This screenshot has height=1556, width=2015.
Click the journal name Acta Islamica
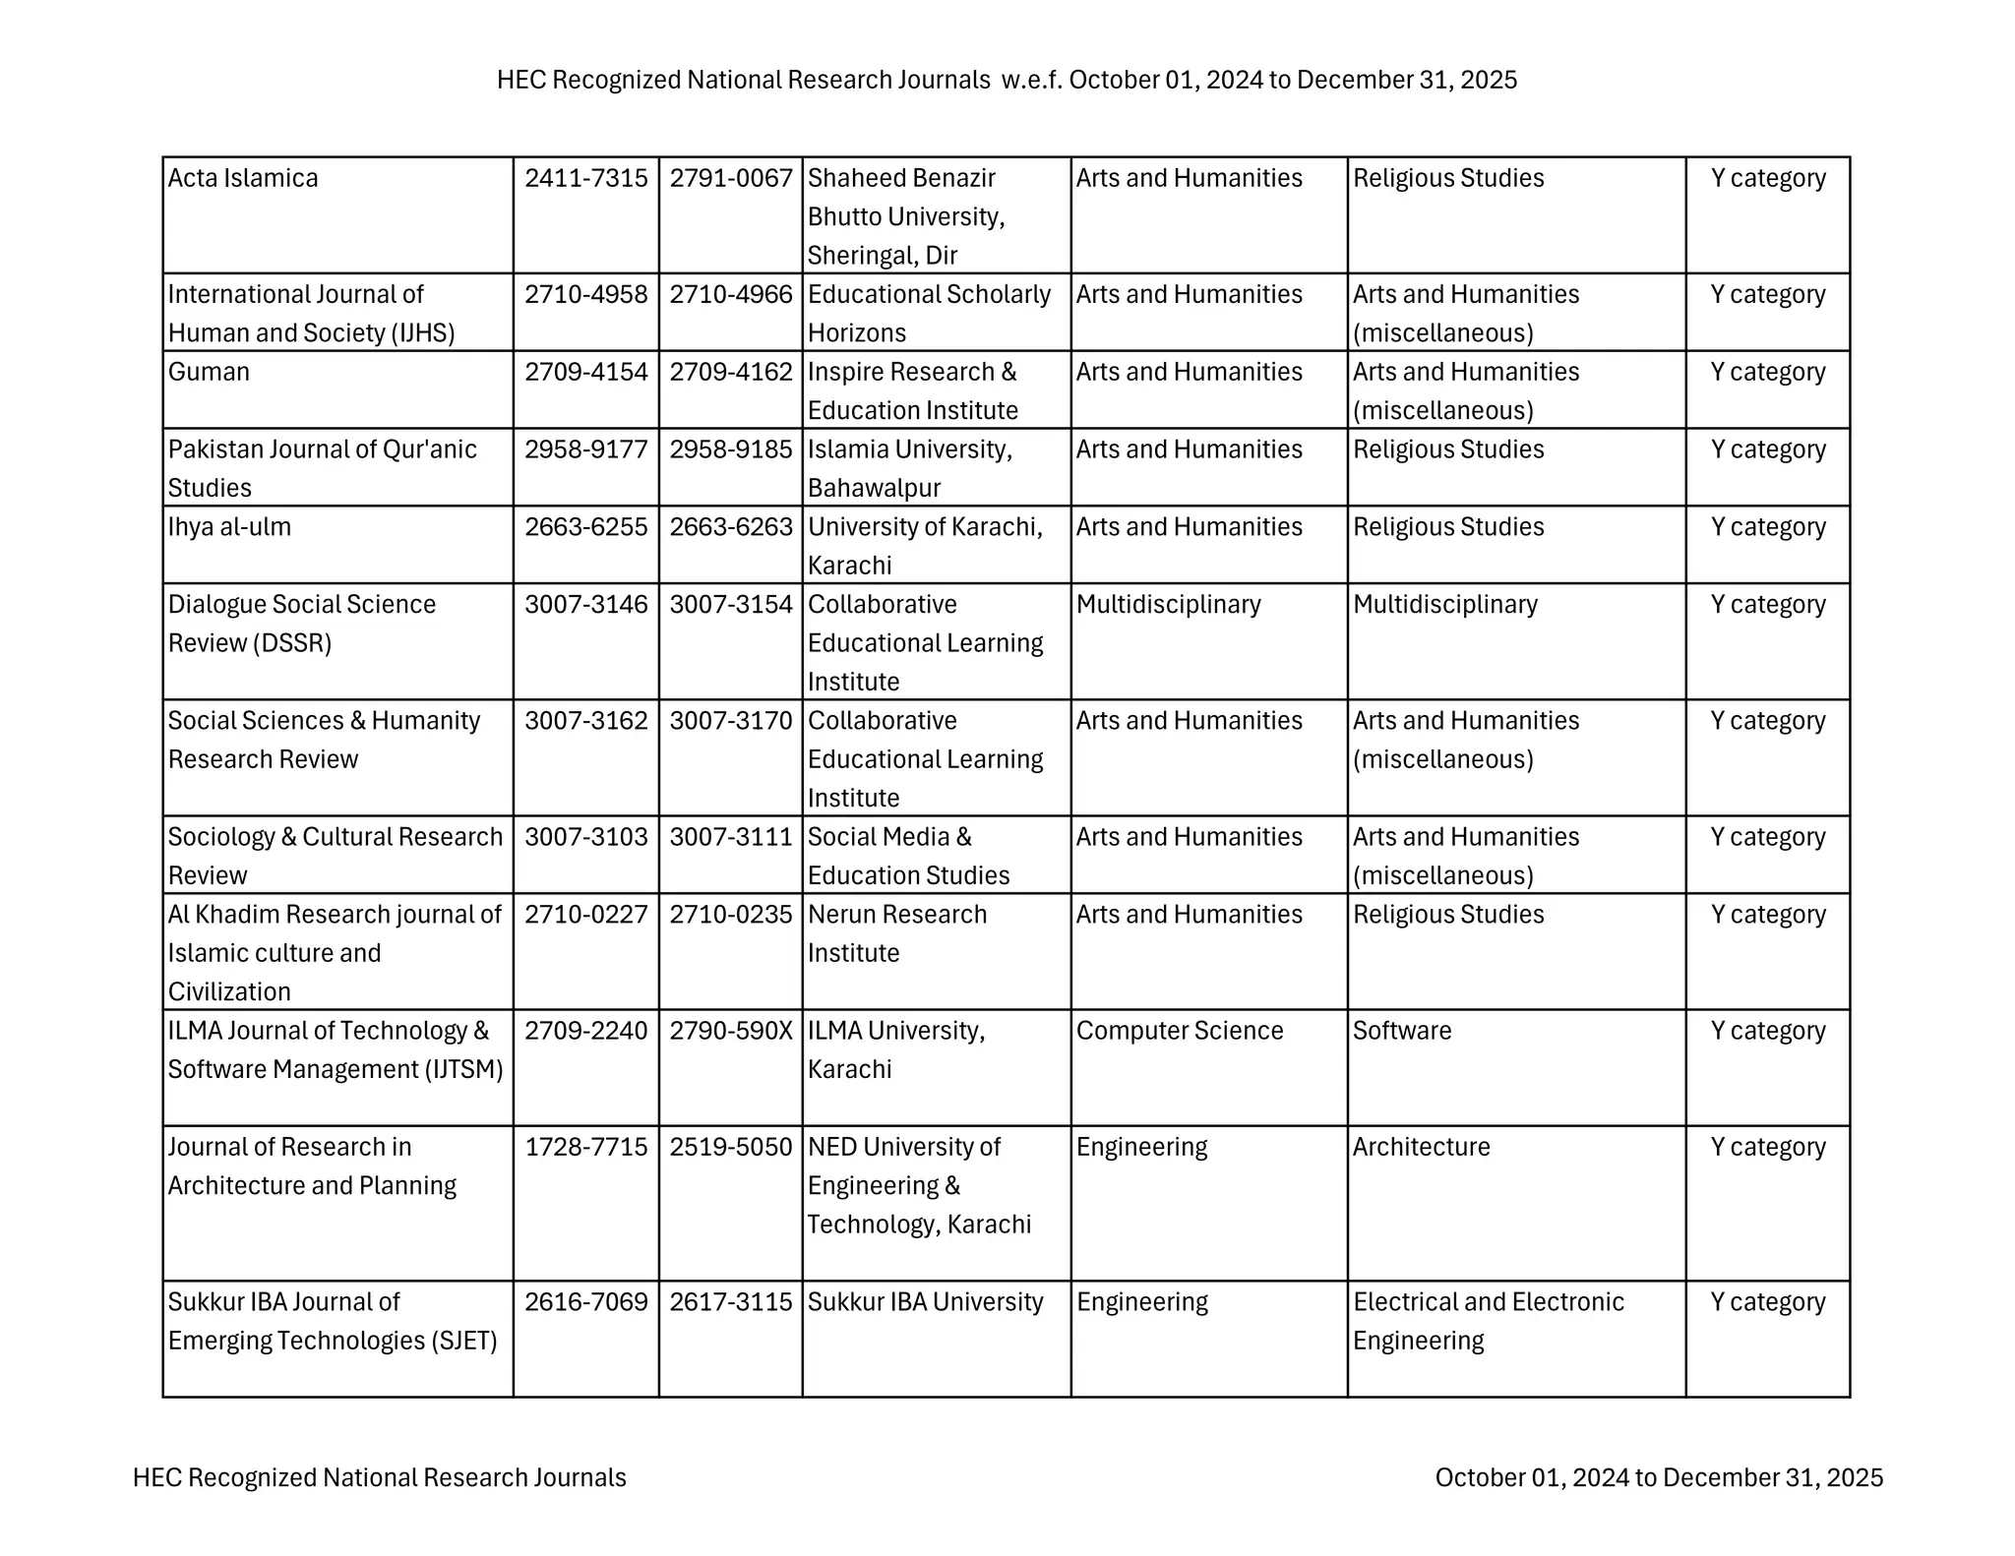coord(243,178)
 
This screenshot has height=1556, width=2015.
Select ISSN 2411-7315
coord(585,178)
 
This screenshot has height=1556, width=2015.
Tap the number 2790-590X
coord(730,1031)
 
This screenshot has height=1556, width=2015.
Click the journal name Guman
coord(209,372)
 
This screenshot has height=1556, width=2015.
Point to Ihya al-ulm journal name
coord(229,527)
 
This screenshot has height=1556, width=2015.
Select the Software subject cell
coord(1401,1031)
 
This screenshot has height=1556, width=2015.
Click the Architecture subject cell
coord(1421,1147)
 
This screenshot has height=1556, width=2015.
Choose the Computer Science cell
coord(1179,1031)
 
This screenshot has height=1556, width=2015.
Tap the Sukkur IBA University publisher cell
coord(925,1302)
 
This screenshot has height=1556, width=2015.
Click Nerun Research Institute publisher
coord(896,933)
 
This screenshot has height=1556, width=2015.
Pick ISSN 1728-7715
coord(585,1147)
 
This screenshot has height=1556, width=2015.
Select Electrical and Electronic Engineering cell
coord(1487,1321)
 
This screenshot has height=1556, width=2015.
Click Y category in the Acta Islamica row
coord(1767,178)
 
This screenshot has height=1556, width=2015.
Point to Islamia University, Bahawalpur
coord(909,468)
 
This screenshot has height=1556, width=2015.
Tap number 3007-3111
coord(730,837)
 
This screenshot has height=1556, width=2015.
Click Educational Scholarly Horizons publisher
coord(928,313)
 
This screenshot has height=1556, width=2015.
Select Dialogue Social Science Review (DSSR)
coord(301,624)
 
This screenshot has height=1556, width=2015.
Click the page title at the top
coord(1007,80)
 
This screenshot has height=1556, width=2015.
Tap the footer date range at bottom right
coord(1659,1477)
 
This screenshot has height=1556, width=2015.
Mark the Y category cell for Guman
coord(1767,372)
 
